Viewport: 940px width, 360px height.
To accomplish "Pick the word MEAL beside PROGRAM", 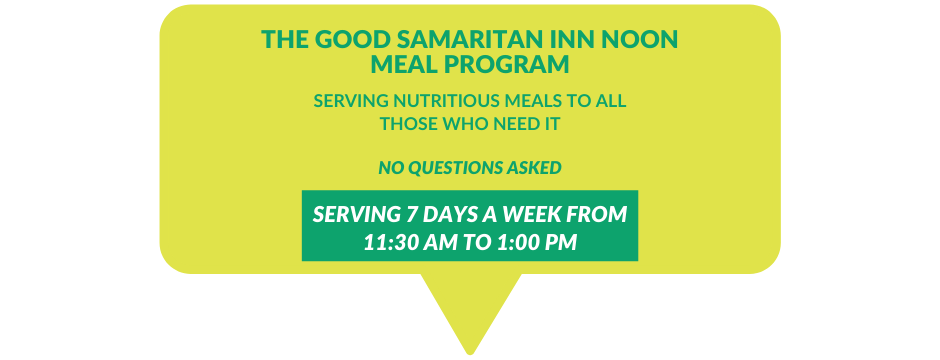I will (x=406, y=64).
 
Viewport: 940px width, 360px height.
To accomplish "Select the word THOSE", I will (x=410, y=125).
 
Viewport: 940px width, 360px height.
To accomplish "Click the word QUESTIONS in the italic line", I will (x=455, y=167).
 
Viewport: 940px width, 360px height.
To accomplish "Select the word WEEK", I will (x=529, y=215).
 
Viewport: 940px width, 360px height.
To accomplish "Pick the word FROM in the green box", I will (x=599, y=215).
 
